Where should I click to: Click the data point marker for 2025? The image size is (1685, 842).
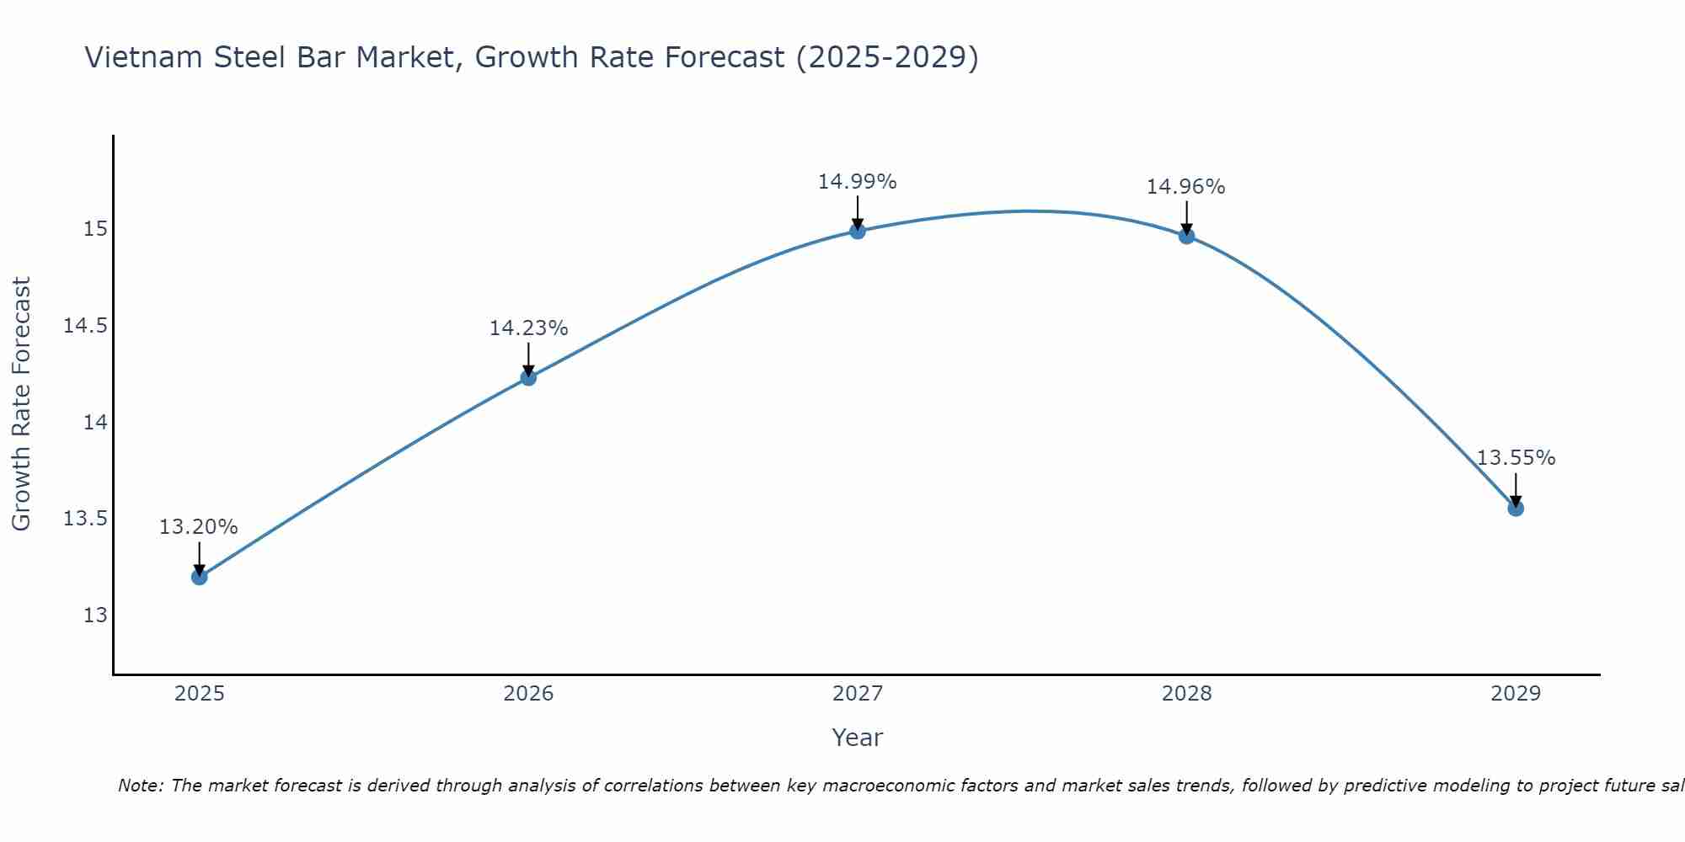200,577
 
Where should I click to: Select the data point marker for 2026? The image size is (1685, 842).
528,378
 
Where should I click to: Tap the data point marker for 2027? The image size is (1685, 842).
858,231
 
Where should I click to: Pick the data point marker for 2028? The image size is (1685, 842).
1186,236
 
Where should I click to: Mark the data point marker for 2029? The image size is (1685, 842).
1516,509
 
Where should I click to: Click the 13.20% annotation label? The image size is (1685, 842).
199,527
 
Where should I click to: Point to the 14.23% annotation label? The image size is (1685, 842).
528,328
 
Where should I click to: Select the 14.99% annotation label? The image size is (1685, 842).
858,182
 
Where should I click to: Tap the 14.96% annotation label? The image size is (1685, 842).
1186,187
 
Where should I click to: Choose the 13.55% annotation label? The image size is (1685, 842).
1516,458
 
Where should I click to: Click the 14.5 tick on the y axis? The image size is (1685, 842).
86,326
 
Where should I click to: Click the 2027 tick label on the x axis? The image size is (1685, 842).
858,694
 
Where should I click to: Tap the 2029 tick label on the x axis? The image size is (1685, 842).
1516,694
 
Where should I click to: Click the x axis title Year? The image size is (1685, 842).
858,738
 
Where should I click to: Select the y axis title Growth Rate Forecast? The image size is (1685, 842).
22,404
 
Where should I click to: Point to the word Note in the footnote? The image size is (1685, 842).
141,786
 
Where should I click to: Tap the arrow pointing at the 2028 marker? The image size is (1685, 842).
1186,218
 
